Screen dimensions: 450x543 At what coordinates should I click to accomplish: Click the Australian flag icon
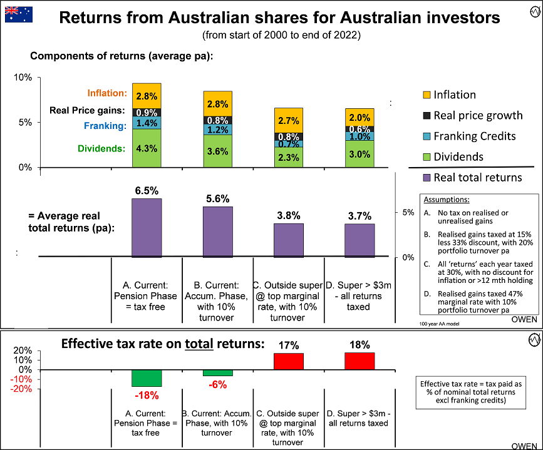click(x=16, y=14)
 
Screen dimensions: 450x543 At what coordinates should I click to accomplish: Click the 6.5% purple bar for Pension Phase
click(x=147, y=227)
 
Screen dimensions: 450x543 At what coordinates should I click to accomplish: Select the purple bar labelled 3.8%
click(x=289, y=240)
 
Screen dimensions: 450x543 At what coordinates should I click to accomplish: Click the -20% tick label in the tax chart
click(x=21, y=389)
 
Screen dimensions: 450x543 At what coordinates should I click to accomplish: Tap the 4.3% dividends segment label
click(x=147, y=149)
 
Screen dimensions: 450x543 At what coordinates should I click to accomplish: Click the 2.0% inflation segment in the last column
click(x=359, y=117)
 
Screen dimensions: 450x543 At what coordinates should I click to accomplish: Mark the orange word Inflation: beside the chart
click(x=107, y=94)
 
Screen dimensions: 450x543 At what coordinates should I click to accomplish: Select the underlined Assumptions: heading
click(x=447, y=200)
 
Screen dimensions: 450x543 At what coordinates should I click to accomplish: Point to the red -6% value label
click(x=217, y=385)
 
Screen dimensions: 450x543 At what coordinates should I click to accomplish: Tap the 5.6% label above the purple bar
click(x=217, y=198)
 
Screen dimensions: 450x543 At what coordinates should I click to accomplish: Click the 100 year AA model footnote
click(x=438, y=324)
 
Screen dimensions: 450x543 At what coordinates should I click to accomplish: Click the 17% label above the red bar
click(x=289, y=345)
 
